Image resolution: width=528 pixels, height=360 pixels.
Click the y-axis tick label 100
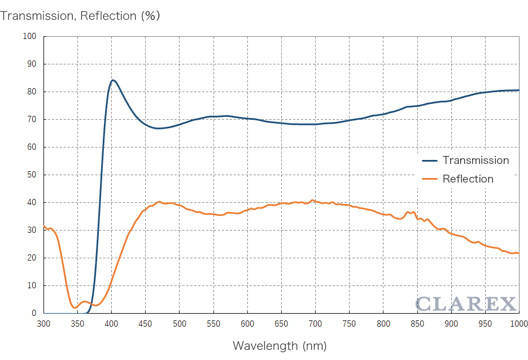(x=29, y=36)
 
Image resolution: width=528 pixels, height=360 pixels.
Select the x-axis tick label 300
(x=43, y=324)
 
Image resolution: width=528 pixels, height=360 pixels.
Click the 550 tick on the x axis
(x=213, y=324)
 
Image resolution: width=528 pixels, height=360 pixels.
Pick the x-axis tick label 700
(x=315, y=324)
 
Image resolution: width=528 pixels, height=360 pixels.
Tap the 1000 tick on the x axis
(x=518, y=324)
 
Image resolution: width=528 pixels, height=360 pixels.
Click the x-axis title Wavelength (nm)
(x=280, y=345)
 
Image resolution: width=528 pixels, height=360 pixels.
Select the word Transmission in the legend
(x=475, y=161)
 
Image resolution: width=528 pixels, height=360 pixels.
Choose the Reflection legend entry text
(x=468, y=179)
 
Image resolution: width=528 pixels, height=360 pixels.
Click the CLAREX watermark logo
(x=466, y=303)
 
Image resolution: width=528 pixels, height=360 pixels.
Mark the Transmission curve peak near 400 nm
(x=113, y=80)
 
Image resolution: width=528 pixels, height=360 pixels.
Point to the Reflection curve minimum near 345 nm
(x=75, y=307)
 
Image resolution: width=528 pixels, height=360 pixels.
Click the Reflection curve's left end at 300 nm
(x=44, y=227)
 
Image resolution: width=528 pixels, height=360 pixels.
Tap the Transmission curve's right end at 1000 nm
(x=518, y=90)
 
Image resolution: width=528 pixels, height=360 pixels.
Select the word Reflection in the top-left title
(x=108, y=16)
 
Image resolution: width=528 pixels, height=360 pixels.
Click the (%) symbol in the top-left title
(x=150, y=16)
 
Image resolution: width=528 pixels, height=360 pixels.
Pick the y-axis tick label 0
(x=33, y=313)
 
